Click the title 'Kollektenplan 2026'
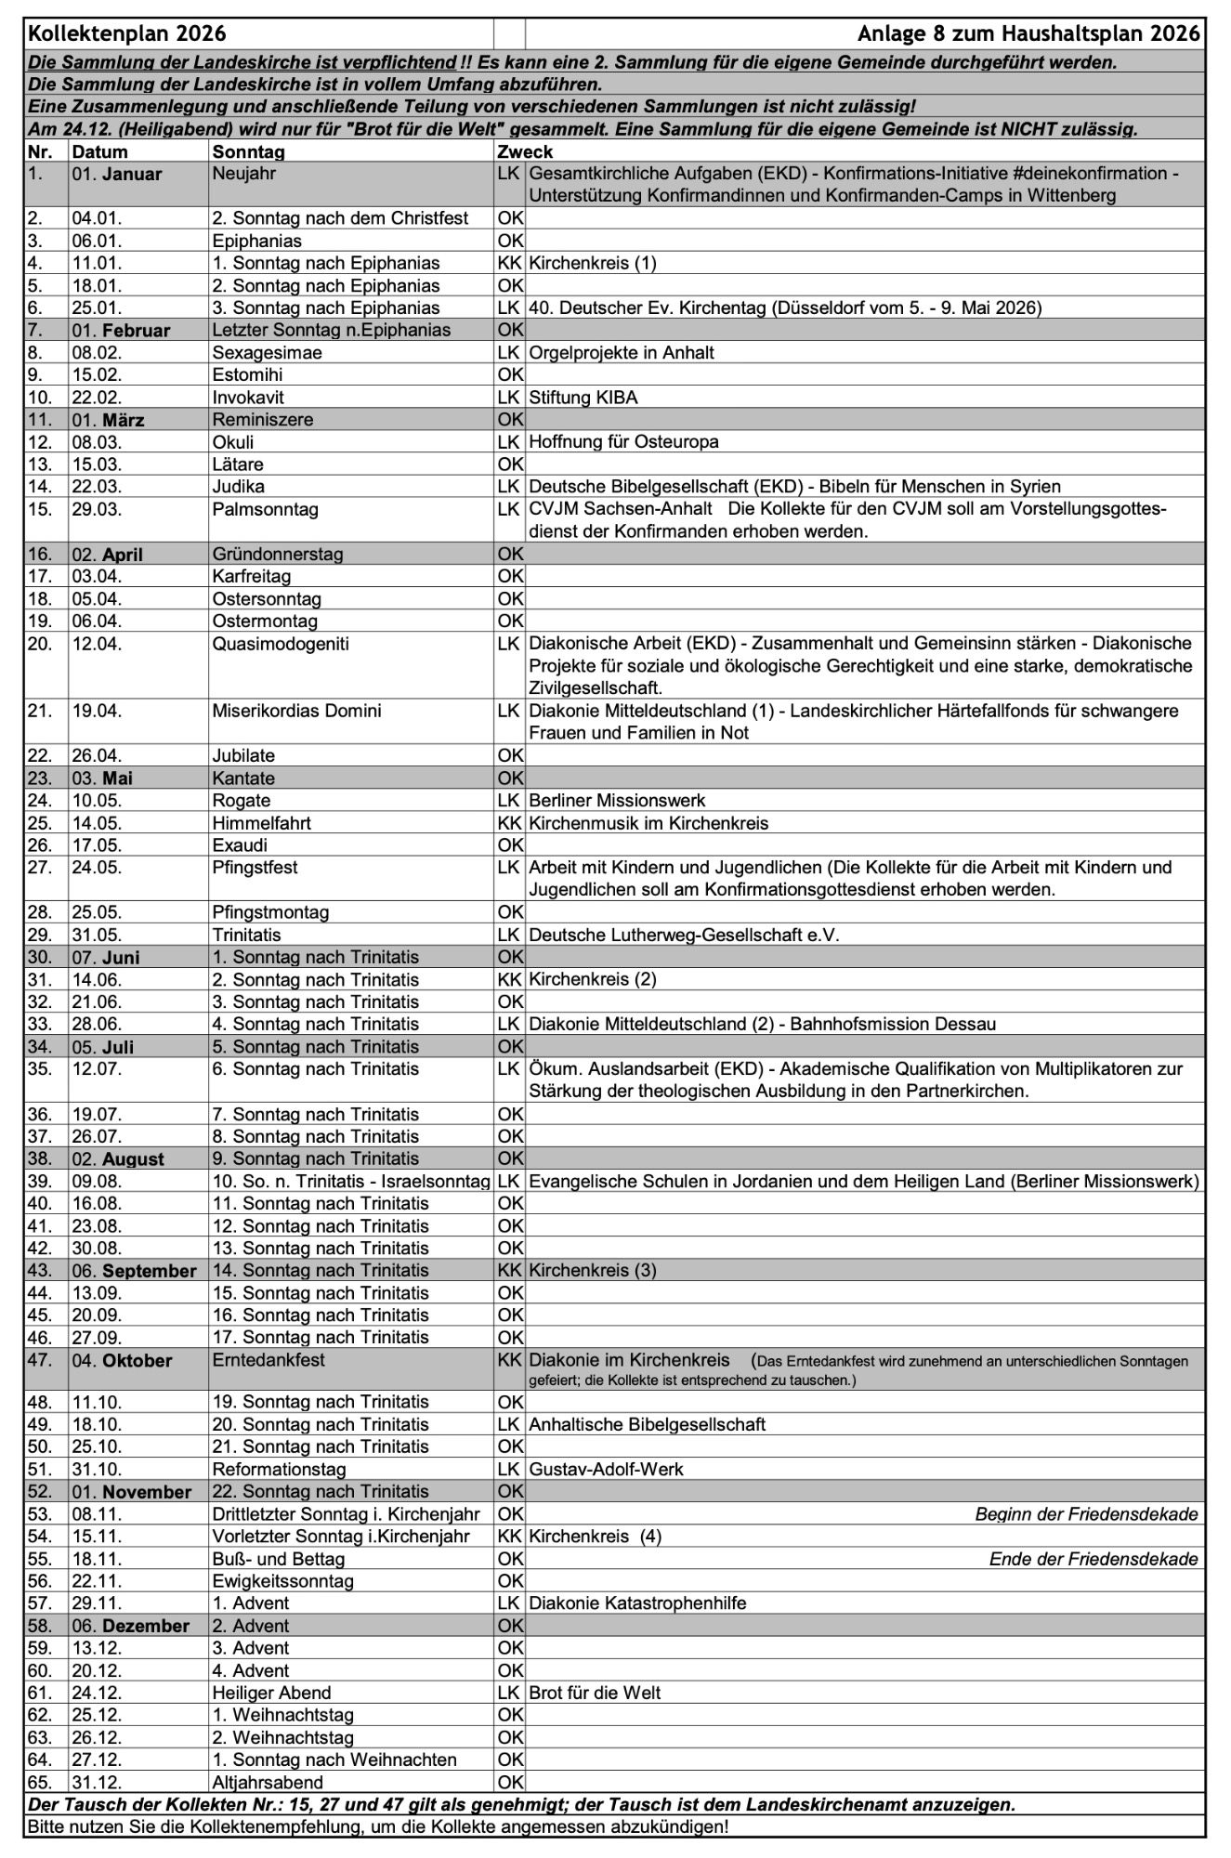(127, 34)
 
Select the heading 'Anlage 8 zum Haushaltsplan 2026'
(1029, 34)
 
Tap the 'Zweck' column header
(525, 151)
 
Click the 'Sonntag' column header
(248, 151)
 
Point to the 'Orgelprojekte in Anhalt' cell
(622, 353)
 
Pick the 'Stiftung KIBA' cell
(583, 398)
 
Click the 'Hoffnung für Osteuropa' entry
(623, 442)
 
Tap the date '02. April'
(108, 555)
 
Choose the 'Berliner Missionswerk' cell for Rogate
(617, 801)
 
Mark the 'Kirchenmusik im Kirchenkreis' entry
(648, 823)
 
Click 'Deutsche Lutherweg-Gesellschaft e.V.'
(684, 936)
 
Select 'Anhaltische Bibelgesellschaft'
(648, 1425)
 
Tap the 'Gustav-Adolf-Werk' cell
(606, 1470)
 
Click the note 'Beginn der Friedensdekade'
(1086, 1514)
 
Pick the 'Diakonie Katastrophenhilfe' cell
(637, 1603)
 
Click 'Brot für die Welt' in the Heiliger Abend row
(595, 1693)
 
